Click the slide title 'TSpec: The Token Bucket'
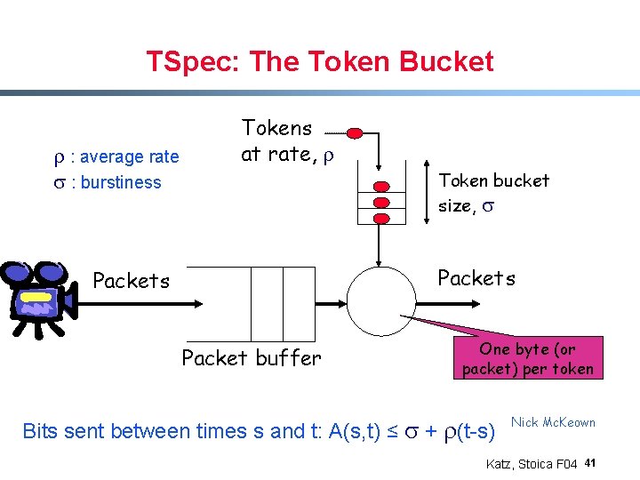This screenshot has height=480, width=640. [320, 61]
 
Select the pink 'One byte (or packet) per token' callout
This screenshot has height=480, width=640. [528, 358]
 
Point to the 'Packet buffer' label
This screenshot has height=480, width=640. [251, 358]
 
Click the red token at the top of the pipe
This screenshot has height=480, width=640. [354, 133]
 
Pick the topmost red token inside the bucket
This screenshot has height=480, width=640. [381, 187]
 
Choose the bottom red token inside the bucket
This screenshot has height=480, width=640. [381, 218]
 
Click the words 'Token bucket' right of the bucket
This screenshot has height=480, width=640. [494, 180]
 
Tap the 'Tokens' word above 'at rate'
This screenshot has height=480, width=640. [277, 128]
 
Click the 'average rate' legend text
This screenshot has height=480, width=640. [126, 157]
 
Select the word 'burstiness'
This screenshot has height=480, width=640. [118, 183]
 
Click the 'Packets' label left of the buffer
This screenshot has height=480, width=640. [131, 281]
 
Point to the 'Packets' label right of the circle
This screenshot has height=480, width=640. [476, 278]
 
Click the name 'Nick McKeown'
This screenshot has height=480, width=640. [553, 422]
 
